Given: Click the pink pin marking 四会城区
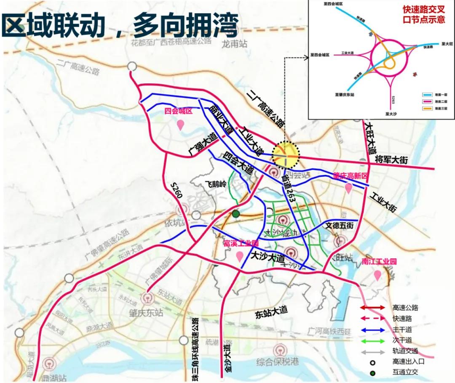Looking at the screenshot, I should point(180,125).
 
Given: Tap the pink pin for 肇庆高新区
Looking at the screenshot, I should point(348,188).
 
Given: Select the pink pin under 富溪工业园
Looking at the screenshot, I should point(240,255).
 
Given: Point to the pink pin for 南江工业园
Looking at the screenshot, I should point(378,275).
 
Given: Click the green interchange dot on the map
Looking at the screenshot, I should point(236,214).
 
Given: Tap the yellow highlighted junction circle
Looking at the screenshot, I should point(286,155).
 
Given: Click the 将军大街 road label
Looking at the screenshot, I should point(392,160).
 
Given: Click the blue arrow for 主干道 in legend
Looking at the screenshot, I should point(372,330).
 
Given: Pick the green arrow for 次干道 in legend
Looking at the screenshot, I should point(372,340).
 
